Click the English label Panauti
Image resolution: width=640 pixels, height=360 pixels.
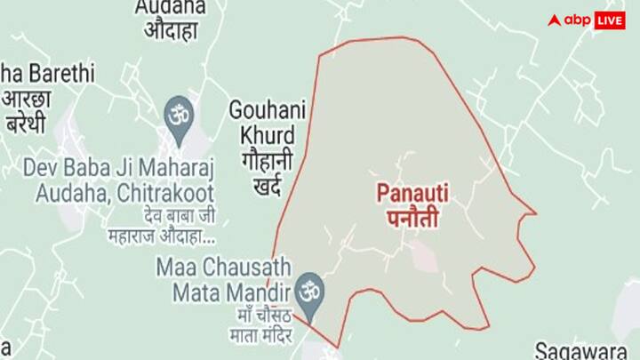408,191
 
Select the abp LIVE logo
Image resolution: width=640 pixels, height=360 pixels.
586,20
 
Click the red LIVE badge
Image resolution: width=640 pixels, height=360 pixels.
609,20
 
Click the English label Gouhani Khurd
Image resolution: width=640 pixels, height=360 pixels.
268,123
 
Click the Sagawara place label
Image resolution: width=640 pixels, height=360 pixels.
587,349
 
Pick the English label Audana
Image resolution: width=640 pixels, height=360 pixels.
170,7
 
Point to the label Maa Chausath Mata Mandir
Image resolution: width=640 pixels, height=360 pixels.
223,277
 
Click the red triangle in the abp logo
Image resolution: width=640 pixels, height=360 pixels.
555,20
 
